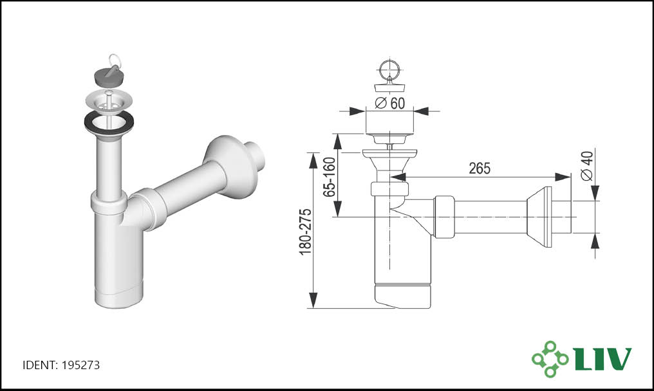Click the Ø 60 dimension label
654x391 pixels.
[390, 102]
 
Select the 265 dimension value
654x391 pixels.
[480, 168]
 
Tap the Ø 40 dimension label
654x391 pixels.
[587, 166]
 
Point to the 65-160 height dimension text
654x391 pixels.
[330, 177]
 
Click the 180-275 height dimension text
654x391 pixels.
[306, 232]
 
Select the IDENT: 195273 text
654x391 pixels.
[61, 365]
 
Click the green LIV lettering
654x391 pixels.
[603, 358]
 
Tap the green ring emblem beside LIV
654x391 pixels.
[550, 359]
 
